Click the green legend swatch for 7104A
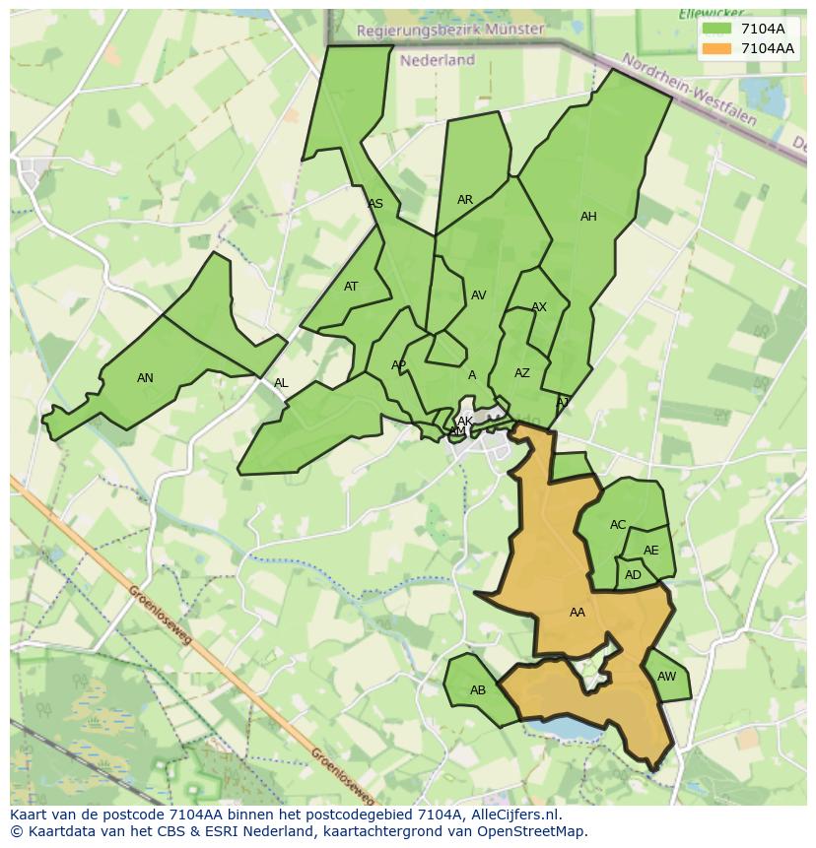717,29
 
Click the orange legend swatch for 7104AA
717,48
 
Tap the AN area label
145,378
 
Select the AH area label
588,217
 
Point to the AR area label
465,200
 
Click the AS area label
375,205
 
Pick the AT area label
351,288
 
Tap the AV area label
479,295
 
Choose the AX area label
539,308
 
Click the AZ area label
522,373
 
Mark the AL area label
281,384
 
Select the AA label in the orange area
578,613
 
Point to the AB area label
478,690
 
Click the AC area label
618,525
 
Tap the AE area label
651,552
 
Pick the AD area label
633,575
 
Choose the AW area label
667,677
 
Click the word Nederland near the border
438,60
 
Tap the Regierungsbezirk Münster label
449,30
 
